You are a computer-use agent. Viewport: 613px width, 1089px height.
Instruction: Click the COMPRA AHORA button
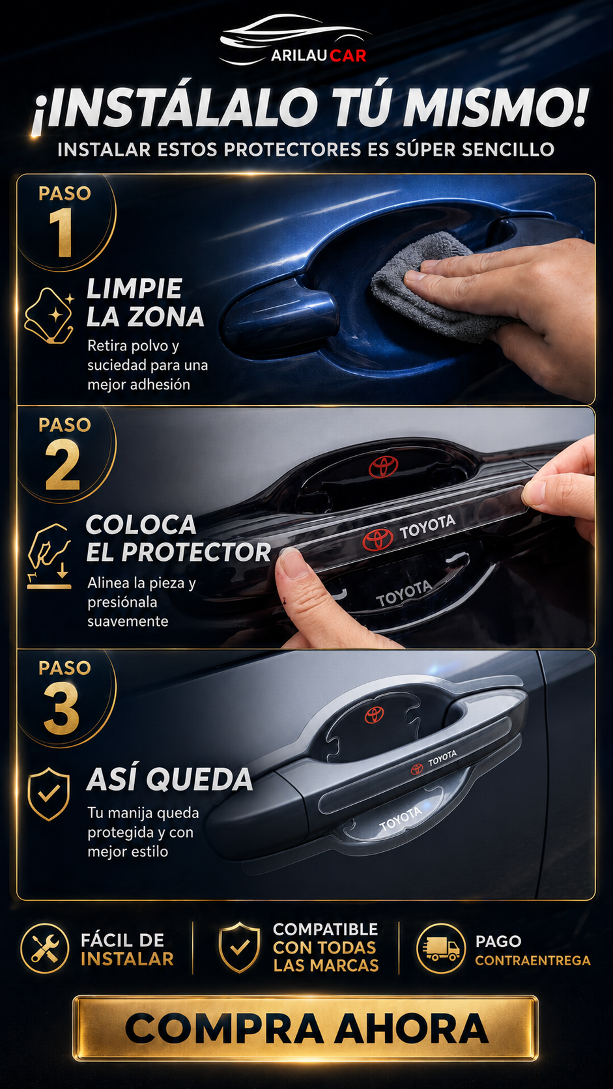point(306,1028)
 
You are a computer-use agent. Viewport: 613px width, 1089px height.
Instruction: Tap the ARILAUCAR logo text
point(319,55)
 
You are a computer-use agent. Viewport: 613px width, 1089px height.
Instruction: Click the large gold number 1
point(61,233)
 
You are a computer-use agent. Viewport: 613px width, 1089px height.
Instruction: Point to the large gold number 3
point(62,708)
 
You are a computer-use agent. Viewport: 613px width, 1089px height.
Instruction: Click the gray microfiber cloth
point(433,288)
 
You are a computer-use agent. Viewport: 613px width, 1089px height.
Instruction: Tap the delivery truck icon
point(441,948)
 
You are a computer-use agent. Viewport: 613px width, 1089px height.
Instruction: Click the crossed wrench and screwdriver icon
point(45,948)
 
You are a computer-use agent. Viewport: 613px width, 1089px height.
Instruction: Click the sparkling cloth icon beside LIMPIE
point(49,315)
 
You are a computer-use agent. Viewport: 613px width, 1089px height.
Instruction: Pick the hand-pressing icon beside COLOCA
point(49,556)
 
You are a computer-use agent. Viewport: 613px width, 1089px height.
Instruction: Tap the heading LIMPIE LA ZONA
point(145,302)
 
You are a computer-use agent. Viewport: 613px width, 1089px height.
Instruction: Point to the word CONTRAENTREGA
point(533,960)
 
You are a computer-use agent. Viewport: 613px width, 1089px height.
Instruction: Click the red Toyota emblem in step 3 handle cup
point(375,714)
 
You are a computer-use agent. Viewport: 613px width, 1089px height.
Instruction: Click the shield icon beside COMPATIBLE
point(239,948)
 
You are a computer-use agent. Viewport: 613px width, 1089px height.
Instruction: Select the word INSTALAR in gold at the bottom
point(128,959)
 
